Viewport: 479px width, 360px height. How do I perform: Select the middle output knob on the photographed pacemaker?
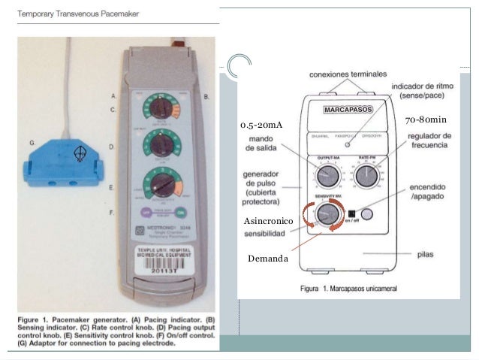click(x=159, y=145)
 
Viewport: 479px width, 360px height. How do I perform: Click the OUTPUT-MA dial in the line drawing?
click(x=327, y=177)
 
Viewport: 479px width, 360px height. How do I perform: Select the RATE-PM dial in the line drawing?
click(x=366, y=177)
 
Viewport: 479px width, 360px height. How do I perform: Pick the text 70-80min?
click(x=426, y=119)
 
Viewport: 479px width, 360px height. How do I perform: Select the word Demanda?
click(x=267, y=259)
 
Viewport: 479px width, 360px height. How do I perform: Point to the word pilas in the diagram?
click(x=425, y=254)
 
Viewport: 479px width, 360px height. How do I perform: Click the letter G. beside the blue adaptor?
click(x=32, y=141)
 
